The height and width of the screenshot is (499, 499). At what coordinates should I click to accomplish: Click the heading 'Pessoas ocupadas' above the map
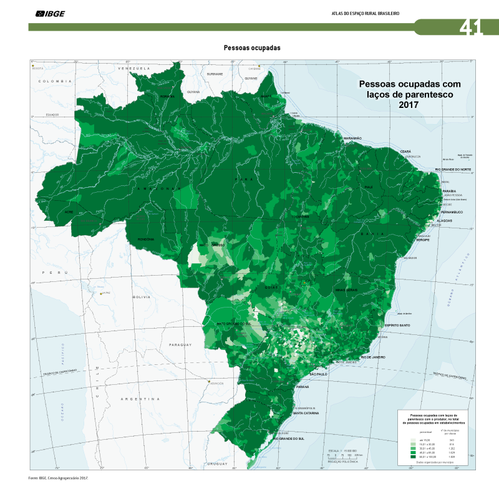252,47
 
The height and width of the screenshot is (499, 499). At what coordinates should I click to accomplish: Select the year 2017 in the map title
408,105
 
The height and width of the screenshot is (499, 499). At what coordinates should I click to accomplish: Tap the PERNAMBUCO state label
457,212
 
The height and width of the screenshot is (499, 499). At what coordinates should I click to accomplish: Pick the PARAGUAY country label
182,344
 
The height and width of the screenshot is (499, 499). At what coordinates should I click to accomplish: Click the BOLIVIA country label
142,298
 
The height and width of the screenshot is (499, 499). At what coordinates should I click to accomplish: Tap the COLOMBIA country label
55,81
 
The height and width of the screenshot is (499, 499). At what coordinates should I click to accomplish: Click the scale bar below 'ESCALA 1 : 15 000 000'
342,456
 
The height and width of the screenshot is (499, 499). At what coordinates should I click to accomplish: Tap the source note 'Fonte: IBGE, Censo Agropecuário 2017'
58,478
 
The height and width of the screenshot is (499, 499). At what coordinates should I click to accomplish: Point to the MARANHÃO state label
353,138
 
